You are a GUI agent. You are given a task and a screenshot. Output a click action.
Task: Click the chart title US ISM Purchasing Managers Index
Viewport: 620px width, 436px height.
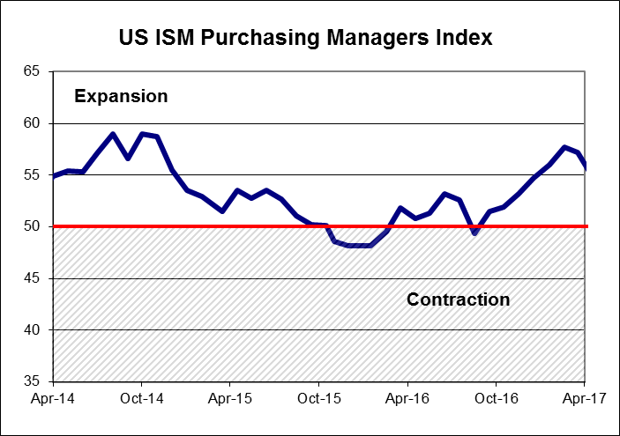click(x=305, y=39)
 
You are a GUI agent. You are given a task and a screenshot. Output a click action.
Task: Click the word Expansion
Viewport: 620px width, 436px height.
click(x=121, y=96)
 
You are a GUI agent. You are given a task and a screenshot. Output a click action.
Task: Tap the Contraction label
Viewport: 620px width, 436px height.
click(x=458, y=299)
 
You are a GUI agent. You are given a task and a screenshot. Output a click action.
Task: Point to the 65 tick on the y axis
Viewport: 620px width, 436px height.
click(x=33, y=71)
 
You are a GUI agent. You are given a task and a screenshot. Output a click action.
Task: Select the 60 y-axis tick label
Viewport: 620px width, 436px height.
click(x=33, y=123)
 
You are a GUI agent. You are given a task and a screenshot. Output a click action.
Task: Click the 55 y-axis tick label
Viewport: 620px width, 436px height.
click(x=33, y=175)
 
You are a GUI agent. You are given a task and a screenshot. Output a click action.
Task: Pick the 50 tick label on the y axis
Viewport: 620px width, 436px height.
click(x=33, y=226)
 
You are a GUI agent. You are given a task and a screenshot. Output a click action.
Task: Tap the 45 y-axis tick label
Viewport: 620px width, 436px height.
click(x=33, y=278)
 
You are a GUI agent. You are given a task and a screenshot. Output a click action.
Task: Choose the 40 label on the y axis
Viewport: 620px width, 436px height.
click(x=33, y=329)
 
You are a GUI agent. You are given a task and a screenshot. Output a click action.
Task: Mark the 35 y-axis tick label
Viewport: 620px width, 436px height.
click(x=33, y=381)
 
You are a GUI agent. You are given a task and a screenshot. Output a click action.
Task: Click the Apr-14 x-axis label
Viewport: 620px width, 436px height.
click(x=53, y=397)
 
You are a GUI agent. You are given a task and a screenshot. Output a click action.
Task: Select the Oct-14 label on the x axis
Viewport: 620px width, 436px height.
click(x=142, y=397)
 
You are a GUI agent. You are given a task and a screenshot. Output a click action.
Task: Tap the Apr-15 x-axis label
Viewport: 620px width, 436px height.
click(x=230, y=397)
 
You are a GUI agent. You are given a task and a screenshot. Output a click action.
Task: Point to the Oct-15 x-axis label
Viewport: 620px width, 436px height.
click(x=319, y=397)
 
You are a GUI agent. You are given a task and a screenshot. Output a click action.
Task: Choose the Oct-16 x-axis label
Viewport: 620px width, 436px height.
click(x=497, y=397)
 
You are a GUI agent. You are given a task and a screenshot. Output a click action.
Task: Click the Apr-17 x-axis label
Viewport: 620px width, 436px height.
click(x=585, y=397)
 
